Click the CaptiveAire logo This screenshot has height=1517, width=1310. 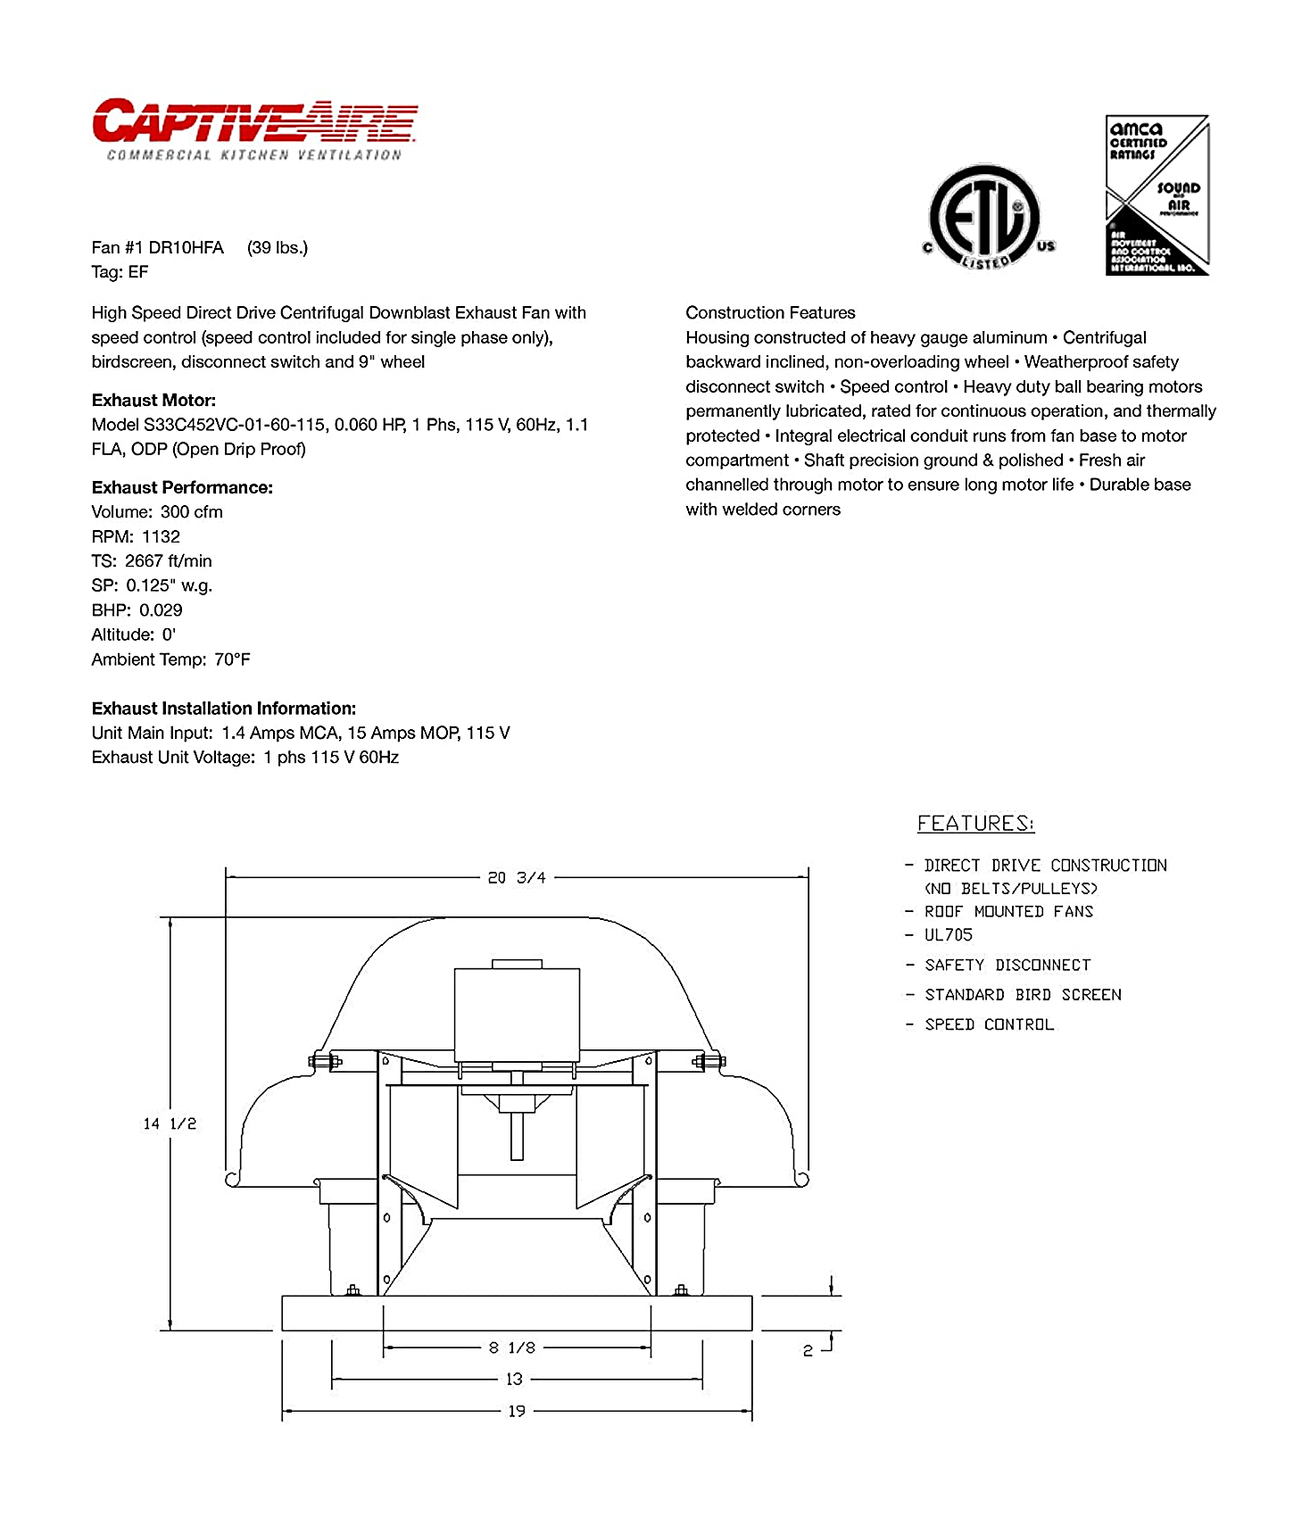254,129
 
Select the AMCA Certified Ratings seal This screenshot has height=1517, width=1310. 1157,195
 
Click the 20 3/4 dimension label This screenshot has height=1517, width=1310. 517,878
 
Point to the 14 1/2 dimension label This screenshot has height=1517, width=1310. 170,1124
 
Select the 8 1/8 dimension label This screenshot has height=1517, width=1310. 512,1347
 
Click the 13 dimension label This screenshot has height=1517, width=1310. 515,1380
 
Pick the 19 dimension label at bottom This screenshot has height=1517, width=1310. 517,1412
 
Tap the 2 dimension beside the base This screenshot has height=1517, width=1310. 808,1351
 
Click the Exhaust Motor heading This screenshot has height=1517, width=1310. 153,401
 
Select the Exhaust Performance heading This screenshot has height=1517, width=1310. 182,488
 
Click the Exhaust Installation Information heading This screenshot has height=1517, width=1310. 223,709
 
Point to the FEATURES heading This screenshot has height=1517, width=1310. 975,824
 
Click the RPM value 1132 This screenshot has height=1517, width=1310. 161,537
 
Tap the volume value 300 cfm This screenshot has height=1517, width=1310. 191,512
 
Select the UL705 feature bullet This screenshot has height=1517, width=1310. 948,935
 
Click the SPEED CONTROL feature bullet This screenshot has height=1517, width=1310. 989,1024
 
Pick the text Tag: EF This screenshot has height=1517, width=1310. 120,272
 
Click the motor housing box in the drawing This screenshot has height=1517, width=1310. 517,1015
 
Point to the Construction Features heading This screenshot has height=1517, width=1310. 770,313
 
